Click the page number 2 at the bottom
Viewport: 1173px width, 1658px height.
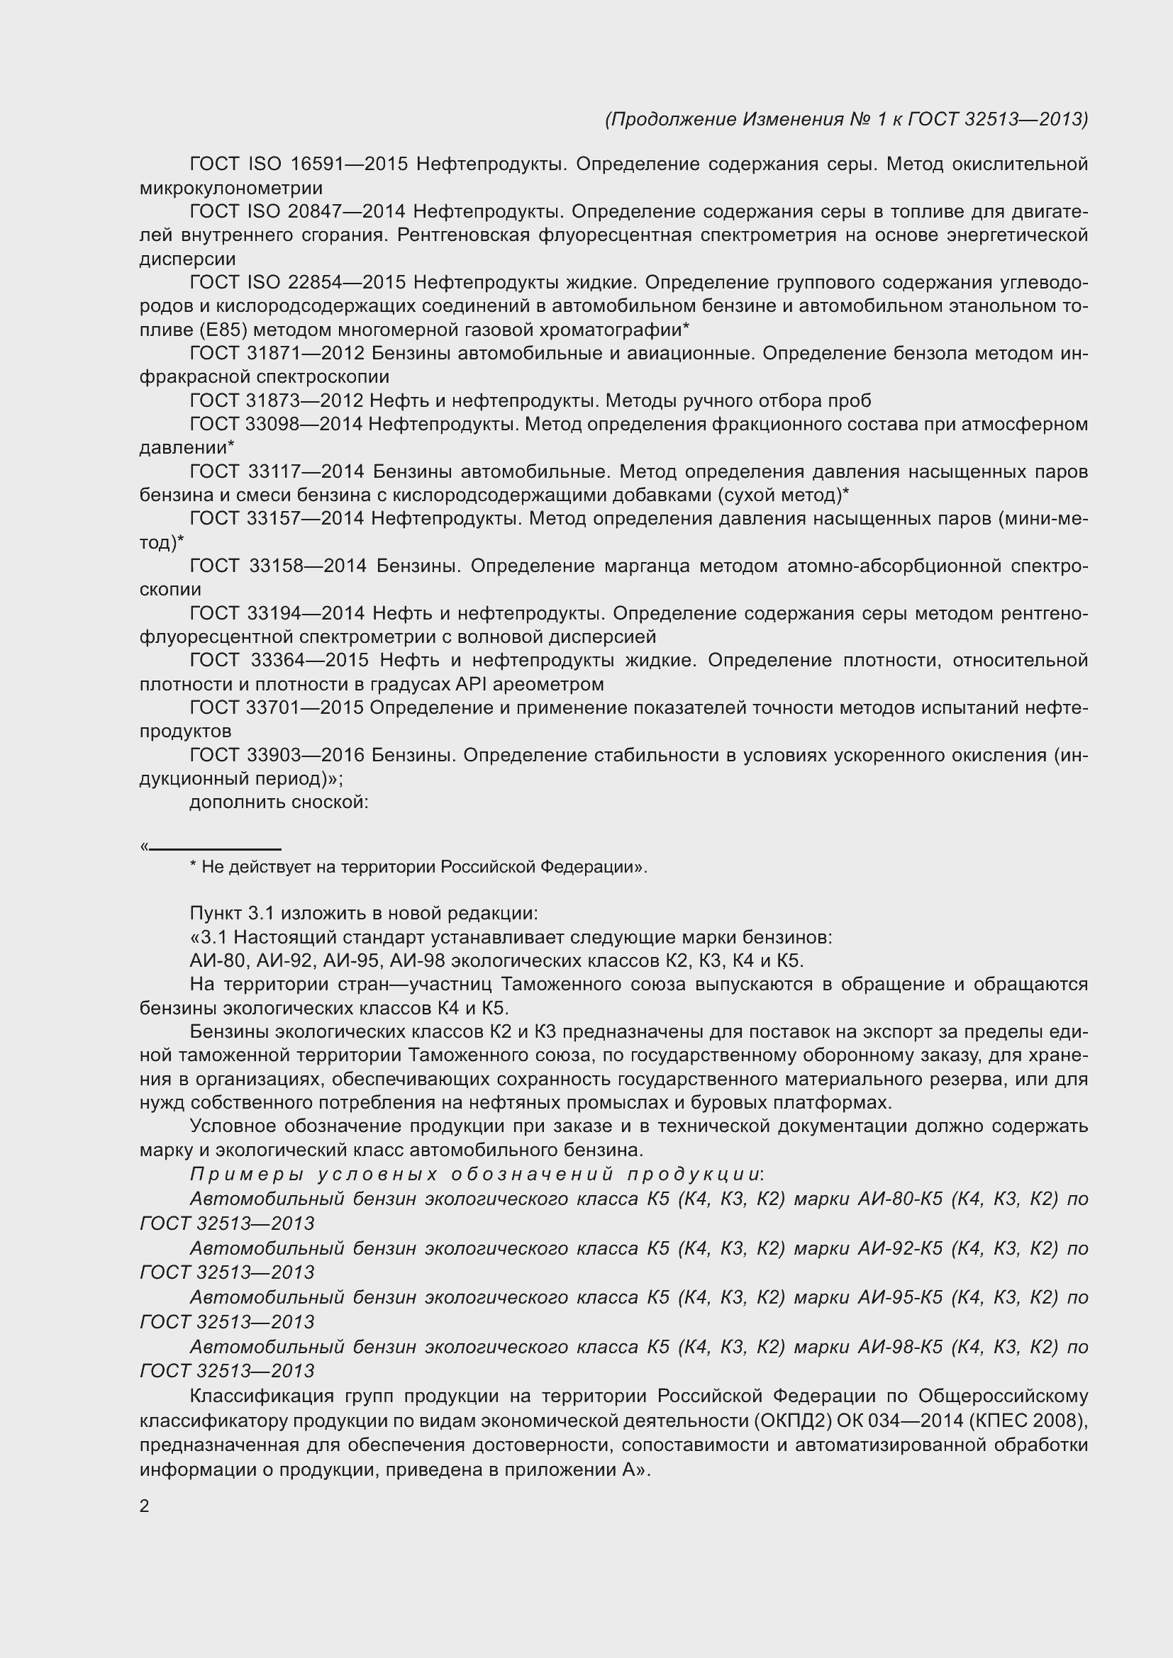[x=145, y=1506]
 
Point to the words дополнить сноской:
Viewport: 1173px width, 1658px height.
[x=279, y=802]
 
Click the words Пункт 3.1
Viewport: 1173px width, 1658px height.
[x=232, y=914]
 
